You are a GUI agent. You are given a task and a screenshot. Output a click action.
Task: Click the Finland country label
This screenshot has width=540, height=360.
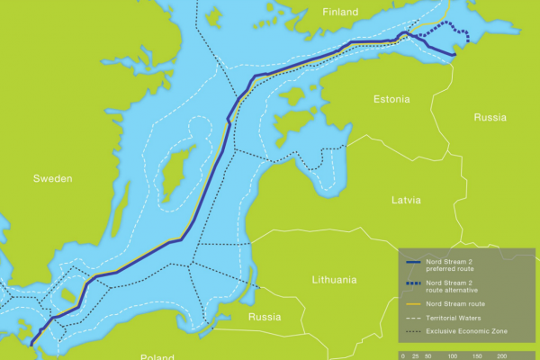[339, 12]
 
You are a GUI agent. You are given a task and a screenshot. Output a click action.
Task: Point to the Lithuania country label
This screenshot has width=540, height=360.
[334, 280]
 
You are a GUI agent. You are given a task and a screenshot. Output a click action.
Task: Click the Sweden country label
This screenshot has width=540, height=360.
[52, 179]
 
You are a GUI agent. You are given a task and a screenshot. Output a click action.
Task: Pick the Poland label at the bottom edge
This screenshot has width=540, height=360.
[157, 356]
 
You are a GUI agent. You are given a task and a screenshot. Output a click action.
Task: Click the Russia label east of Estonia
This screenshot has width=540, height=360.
[490, 117]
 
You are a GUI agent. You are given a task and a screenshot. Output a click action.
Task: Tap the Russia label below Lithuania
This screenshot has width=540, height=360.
[264, 317]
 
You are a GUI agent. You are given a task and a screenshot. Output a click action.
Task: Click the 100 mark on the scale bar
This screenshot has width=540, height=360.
[453, 356]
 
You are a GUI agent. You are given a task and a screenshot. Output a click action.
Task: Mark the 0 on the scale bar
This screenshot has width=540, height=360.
[403, 356]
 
